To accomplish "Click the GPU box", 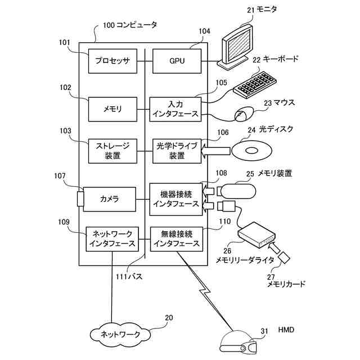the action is tap(177, 61).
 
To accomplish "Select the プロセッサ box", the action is tap(112, 61).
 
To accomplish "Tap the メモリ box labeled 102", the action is tap(112, 109).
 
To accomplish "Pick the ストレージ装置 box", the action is tap(112, 151).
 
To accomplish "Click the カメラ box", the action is tap(109, 199).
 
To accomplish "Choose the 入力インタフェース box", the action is tap(175, 109).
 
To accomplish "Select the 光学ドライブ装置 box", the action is tap(177, 151).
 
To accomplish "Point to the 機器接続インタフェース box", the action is tap(176, 199).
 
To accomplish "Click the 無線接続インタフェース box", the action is tap(177, 239).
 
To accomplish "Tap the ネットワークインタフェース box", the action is tap(112, 239).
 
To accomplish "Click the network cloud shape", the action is tap(120, 334).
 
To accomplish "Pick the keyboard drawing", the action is tap(255, 85).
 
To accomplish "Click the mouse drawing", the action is tap(244, 114).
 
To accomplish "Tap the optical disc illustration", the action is tap(251, 151).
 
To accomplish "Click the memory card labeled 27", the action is tap(283, 258).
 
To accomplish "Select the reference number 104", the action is tap(204, 31).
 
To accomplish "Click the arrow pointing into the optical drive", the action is tap(215, 151).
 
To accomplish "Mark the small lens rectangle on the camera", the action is tap(80, 199).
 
